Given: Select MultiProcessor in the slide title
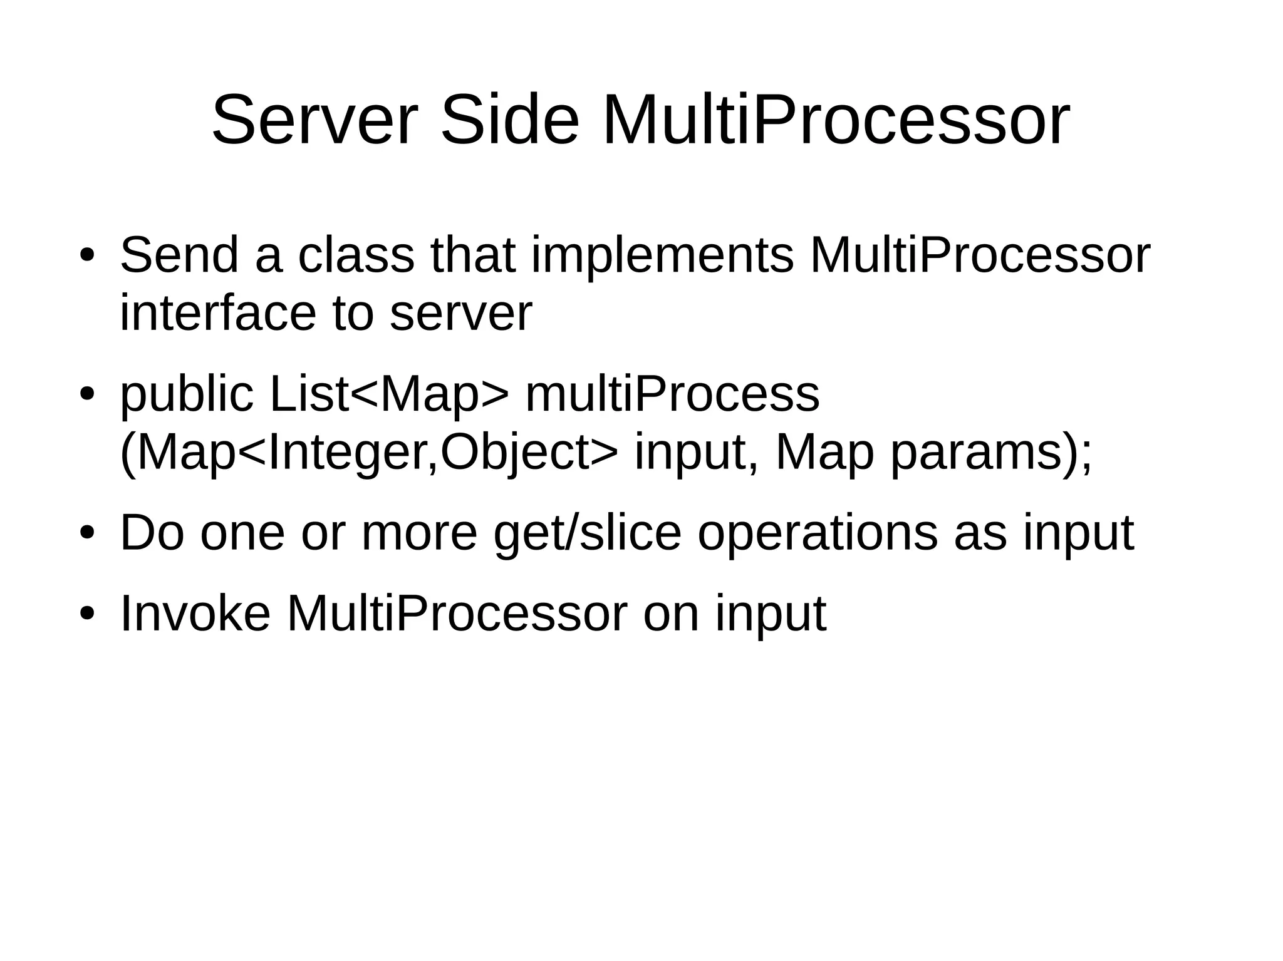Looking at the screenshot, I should [x=836, y=120].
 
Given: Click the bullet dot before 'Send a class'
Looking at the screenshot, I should [x=87, y=257].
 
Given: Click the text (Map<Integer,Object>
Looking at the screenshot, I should [x=368, y=452].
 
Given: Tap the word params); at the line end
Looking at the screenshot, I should [x=991, y=452].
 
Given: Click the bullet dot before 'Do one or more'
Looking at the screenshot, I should [x=87, y=533].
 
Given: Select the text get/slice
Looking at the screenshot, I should [x=587, y=533].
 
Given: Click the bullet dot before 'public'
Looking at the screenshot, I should [x=87, y=396].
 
